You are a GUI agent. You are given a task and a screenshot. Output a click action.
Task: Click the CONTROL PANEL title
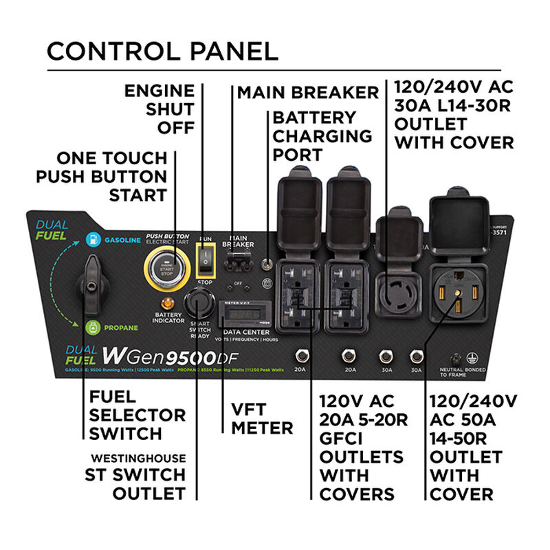point(162,51)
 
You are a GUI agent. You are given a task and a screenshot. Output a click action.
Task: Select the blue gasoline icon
point(91,239)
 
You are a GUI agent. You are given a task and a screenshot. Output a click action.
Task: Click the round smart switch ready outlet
point(198,303)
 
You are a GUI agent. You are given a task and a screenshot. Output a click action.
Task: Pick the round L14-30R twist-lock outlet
point(399,289)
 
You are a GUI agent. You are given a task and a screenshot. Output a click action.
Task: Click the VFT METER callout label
point(262,418)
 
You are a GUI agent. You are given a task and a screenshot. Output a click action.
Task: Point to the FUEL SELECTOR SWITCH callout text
point(128,415)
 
